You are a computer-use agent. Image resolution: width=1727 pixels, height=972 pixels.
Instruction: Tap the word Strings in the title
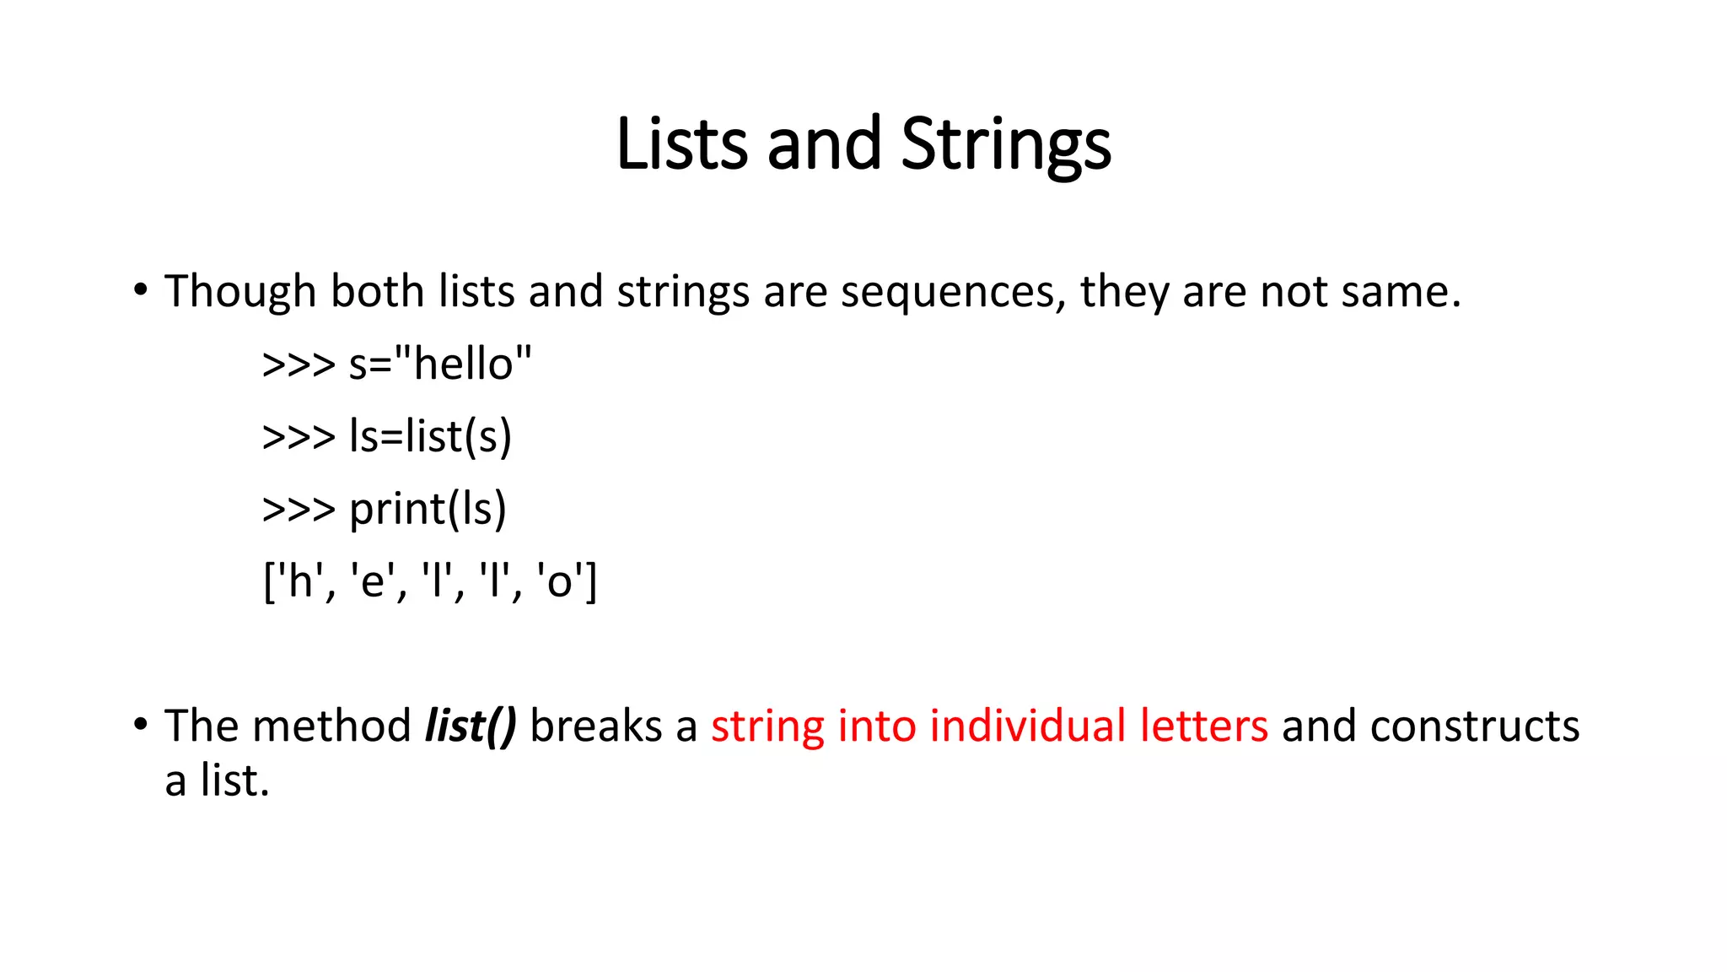1006,145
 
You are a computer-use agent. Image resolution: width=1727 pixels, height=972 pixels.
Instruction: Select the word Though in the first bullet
240,292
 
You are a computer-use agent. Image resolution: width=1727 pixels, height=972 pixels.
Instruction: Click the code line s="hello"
440,364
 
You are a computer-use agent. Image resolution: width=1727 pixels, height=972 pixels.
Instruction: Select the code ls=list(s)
430,437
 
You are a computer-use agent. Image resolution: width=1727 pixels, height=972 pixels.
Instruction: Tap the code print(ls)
428,510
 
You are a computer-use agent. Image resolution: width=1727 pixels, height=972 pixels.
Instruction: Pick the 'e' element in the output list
372,582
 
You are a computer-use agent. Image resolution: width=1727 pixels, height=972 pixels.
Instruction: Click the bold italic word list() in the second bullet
471,726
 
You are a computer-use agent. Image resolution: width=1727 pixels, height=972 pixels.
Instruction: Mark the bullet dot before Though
141,290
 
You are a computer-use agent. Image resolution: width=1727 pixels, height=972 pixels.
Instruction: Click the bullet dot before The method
141,725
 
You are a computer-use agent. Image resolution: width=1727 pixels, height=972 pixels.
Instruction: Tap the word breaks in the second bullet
596,726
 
